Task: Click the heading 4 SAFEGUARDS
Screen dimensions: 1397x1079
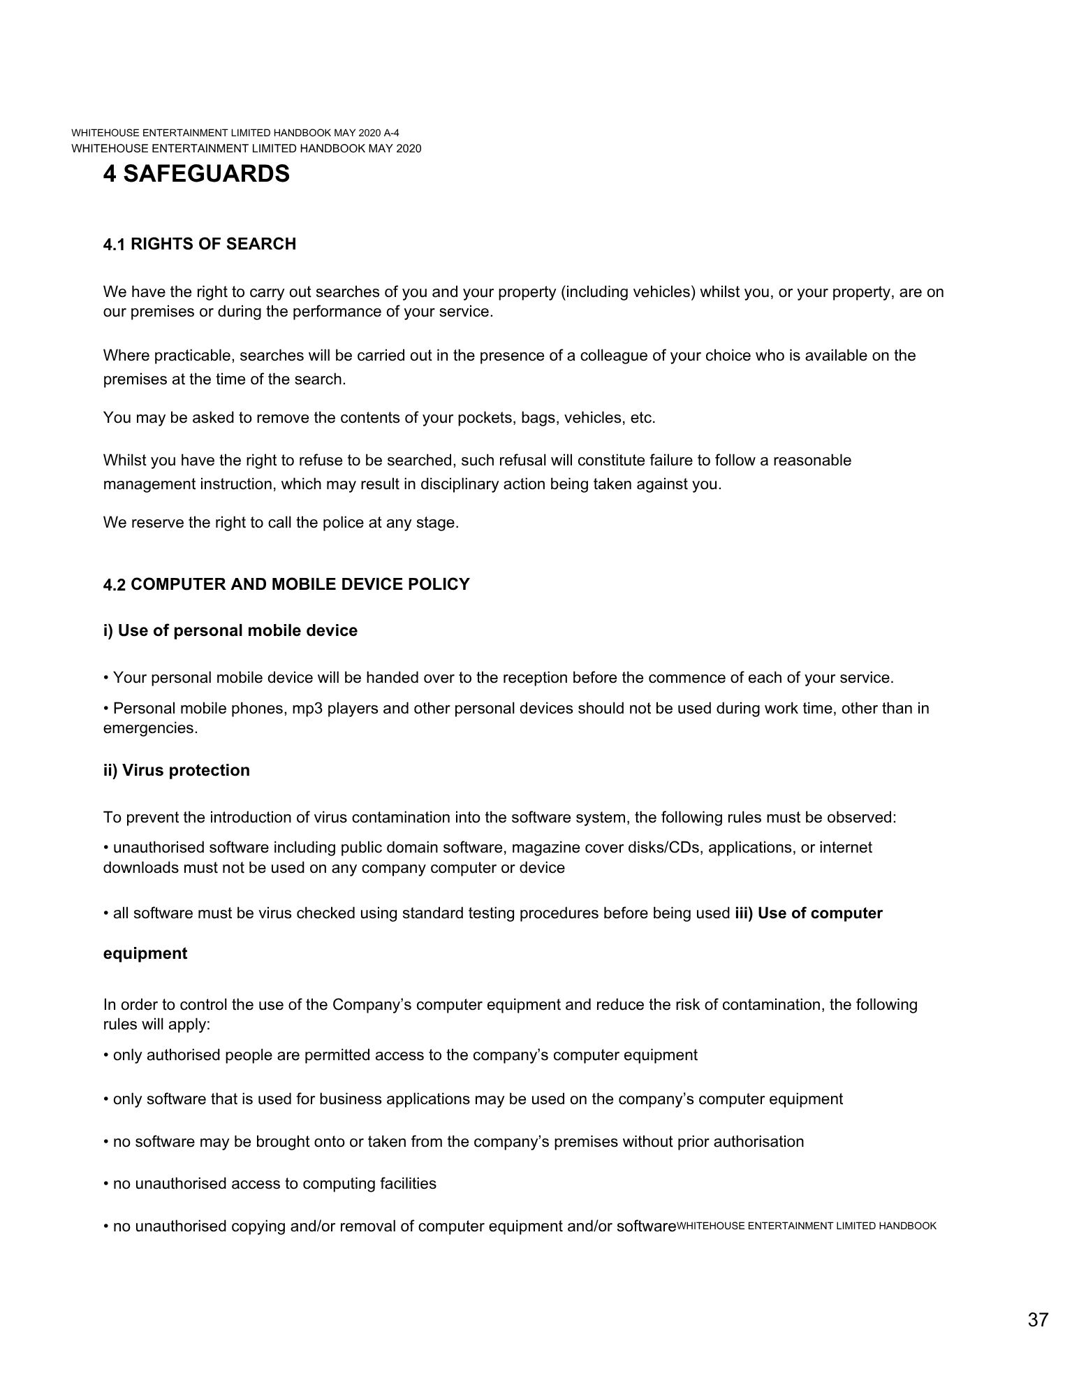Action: pyautogui.click(x=196, y=173)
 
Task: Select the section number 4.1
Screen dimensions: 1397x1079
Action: pyautogui.click(x=114, y=244)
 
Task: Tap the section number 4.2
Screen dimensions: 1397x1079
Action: pyautogui.click(x=114, y=584)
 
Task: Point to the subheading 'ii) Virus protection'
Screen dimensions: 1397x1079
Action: pyautogui.click(x=176, y=770)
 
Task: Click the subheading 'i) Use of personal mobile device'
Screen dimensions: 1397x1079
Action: pyautogui.click(x=230, y=630)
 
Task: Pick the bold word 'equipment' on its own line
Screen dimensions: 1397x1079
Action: pyautogui.click(x=145, y=953)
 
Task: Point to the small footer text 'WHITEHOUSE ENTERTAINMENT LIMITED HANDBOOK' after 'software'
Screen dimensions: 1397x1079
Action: pyautogui.click(x=807, y=1226)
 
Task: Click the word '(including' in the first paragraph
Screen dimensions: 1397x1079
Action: pyautogui.click(x=593, y=291)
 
